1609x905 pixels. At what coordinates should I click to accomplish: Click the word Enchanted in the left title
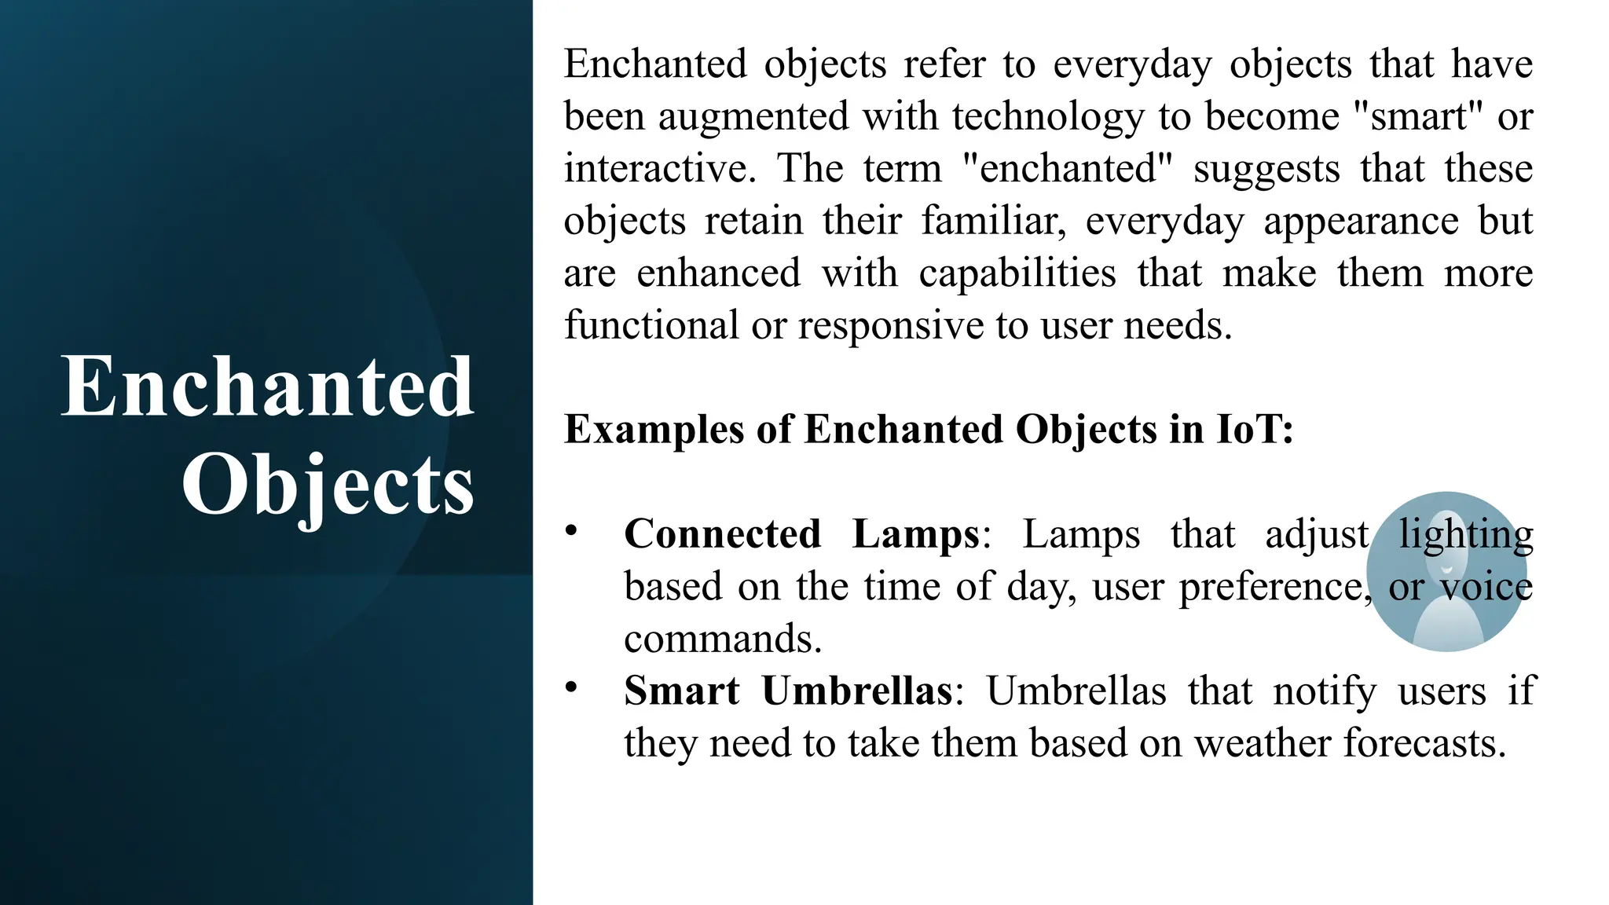click(x=268, y=387)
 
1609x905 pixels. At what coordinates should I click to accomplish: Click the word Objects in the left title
click(x=328, y=485)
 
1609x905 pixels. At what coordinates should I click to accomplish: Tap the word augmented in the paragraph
click(x=753, y=117)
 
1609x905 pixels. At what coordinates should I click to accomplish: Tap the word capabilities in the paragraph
click(x=1017, y=273)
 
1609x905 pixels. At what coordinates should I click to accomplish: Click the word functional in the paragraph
click(x=651, y=325)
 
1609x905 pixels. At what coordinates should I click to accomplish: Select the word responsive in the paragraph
click(x=890, y=325)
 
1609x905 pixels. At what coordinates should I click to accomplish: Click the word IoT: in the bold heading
click(x=1255, y=430)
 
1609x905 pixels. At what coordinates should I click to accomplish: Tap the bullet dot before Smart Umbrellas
click(x=571, y=687)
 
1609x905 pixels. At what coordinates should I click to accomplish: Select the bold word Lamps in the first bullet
click(x=916, y=535)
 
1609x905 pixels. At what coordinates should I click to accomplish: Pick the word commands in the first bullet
click(x=721, y=639)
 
